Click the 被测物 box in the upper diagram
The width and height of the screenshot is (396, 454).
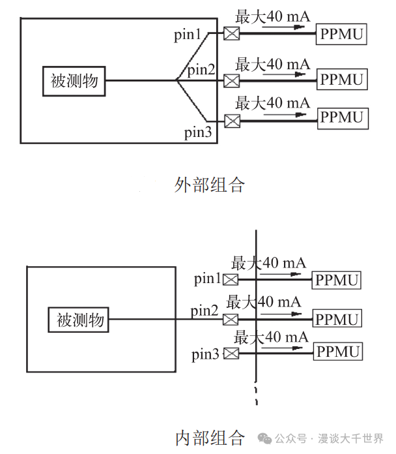coord(74,81)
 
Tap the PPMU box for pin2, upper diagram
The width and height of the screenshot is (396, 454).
coord(342,80)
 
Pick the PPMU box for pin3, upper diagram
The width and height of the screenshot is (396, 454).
coord(342,117)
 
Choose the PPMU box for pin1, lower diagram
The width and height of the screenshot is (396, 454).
coord(337,280)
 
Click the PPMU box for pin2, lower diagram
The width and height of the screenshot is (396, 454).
coord(337,320)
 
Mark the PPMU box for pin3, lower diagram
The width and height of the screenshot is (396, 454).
coord(337,352)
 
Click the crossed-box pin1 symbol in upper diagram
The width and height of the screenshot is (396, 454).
coord(231,33)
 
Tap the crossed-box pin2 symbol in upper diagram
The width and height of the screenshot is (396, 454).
coord(231,81)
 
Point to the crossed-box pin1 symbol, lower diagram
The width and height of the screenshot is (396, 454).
coord(231,280)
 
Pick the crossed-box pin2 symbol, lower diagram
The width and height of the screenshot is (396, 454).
coord(231,320)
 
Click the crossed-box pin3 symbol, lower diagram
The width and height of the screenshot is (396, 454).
coord(231,354)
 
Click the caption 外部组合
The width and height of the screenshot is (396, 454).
coord(210,185)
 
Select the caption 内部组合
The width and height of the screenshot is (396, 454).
coord(210,438)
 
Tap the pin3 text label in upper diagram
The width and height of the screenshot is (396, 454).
coord(198,133)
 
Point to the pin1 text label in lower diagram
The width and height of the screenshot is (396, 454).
coord(208,279)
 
